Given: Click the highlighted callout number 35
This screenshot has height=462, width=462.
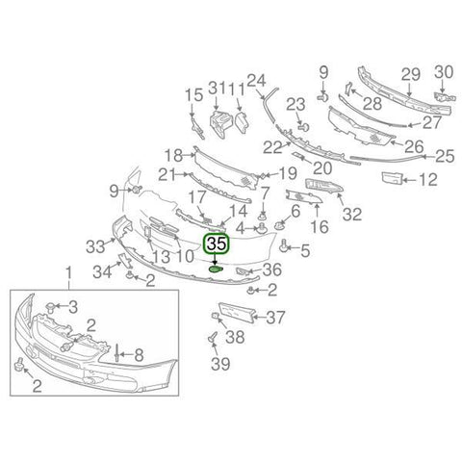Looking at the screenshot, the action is pyautogui.click(x=217, y=244).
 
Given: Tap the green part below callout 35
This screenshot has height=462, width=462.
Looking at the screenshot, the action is pyautogui.click(x=216, y=269).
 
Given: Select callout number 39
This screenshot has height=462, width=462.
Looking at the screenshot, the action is pyautogui.click(x=220, y=364).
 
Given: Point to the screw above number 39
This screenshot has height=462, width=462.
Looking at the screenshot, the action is pyautogui.click(x=213, y=338).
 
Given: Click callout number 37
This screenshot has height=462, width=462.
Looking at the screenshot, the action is pyautogui.click(x=275, y=318).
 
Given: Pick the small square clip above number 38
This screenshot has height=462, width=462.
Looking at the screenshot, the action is pyautogui.click(x=215, y=316).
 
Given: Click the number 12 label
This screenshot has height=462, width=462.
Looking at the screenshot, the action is pyautogui.click(x=428, y=180).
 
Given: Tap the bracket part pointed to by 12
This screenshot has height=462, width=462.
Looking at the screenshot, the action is pyautogui.click(x=392, y=178).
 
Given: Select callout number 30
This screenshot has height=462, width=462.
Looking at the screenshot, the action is pyautogui.click(x=444, y=72).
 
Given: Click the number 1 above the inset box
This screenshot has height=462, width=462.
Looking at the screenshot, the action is pyautogui.click(x=68, y=275).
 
